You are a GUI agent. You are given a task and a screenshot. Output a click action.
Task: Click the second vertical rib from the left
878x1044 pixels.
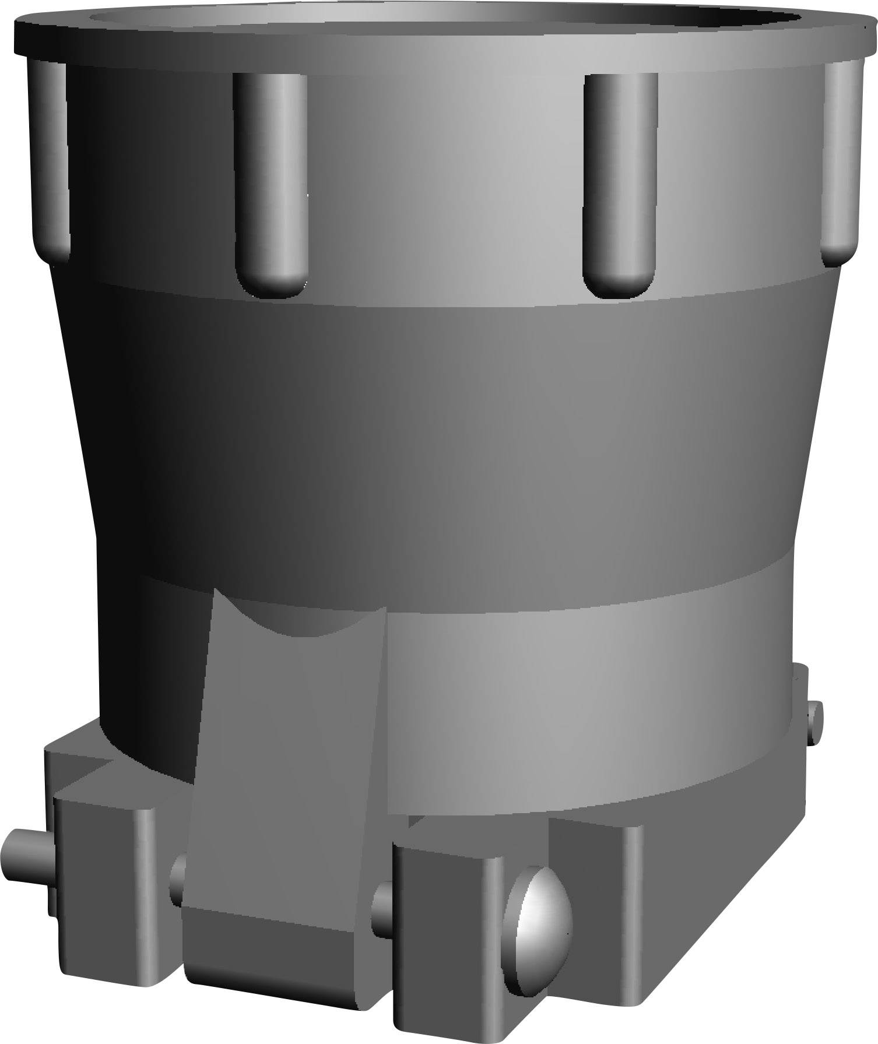click(x=270, y=181)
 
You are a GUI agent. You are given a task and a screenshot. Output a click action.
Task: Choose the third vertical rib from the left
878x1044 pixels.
click(x=620, y=181)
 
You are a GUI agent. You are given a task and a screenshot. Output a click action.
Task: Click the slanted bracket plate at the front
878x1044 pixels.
click(x=286, y=787)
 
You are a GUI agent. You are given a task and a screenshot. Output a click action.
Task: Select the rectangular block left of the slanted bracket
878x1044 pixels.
click(x=105, y=886)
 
